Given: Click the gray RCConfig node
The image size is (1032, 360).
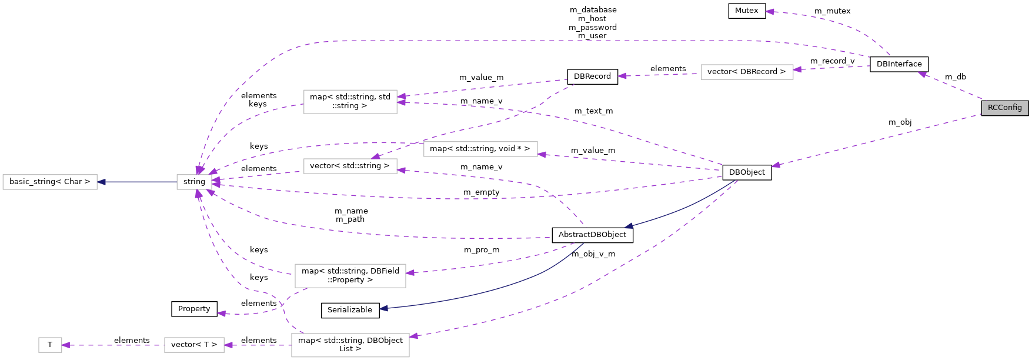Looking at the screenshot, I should [x=1004, y=108].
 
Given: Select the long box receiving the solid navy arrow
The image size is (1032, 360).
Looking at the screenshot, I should [x=50, y=182].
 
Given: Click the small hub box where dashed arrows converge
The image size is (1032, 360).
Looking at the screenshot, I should [x=194, y=182].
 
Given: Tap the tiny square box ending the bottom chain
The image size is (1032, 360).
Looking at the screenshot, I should [x=50, y=345].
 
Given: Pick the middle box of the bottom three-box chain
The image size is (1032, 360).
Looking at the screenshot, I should [x=194, y=345].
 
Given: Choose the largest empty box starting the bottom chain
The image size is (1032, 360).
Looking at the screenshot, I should [x=350, y=345].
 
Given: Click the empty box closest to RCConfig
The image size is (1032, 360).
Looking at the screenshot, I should [x=747, y=72].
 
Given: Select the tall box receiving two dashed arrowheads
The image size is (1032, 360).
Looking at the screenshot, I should [x=350, y=102].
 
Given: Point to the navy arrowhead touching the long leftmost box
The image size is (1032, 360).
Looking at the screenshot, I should [x=102, y=182].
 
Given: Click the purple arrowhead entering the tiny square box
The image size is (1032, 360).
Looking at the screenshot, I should [x=66, y=345].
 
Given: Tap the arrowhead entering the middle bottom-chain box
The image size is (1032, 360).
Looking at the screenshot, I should [x=229, y=345].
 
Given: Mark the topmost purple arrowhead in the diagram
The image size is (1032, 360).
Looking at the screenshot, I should [x=770, y=11].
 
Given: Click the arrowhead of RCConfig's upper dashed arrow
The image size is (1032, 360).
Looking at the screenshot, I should [x=922, y=74].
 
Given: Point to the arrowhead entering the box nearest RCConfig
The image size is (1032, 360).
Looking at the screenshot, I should [x=797, y=69].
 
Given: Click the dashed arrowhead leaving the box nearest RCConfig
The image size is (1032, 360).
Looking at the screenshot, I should [x=622, y=76].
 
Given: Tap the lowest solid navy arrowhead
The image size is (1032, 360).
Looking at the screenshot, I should [x=383, y=308].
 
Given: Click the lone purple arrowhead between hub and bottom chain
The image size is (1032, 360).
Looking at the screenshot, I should [x=222, y=314].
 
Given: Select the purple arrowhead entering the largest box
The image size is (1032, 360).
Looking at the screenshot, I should [x=413, y=336].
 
